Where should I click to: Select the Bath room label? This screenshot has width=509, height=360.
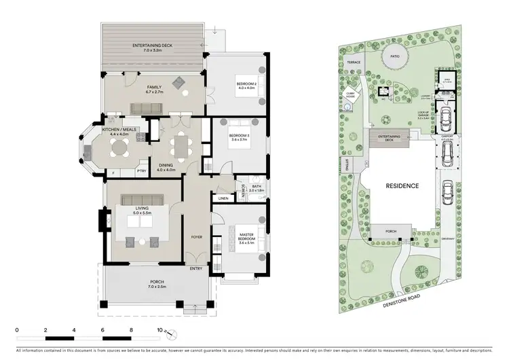256,187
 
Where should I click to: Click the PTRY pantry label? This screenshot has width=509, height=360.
142,171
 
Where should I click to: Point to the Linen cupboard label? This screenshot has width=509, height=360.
223,198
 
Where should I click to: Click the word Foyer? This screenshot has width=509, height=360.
197,237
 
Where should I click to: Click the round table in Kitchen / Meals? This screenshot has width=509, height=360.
120,146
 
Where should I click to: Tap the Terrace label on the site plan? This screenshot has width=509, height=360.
353,62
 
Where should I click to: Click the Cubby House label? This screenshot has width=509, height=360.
351,96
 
